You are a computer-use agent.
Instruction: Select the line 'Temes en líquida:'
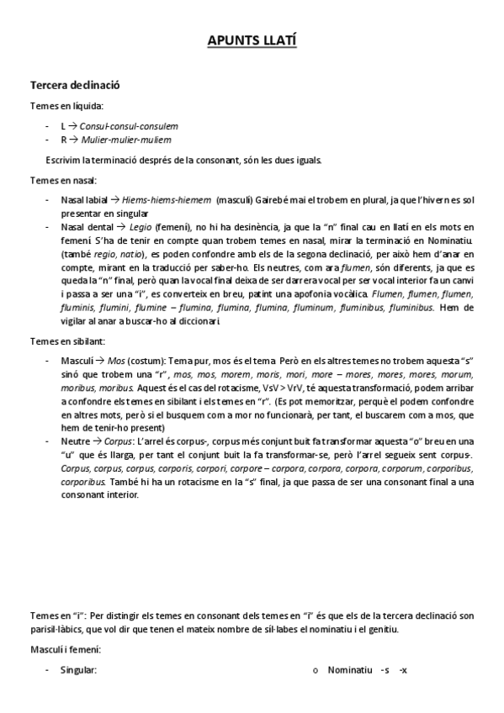[x=67, y=106]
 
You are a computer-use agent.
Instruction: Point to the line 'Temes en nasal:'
[x=64, y=180]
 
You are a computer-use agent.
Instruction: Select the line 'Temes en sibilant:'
[x=68, y=341]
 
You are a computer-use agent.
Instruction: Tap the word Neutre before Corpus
[x=77, y=441]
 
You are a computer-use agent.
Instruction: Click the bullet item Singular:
[x=79, y=670]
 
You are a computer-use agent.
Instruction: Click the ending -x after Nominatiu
[x=403, y=670]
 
